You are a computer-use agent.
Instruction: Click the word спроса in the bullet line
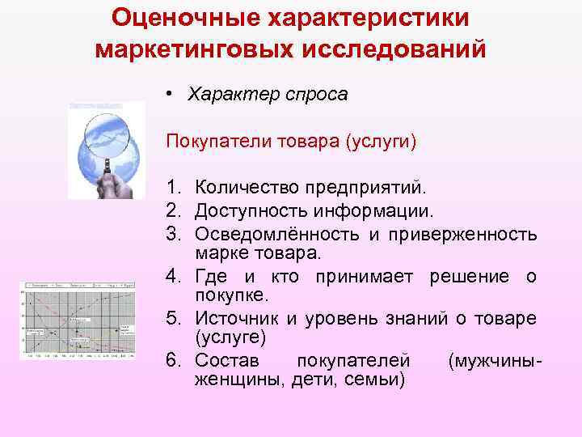point(318,95)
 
